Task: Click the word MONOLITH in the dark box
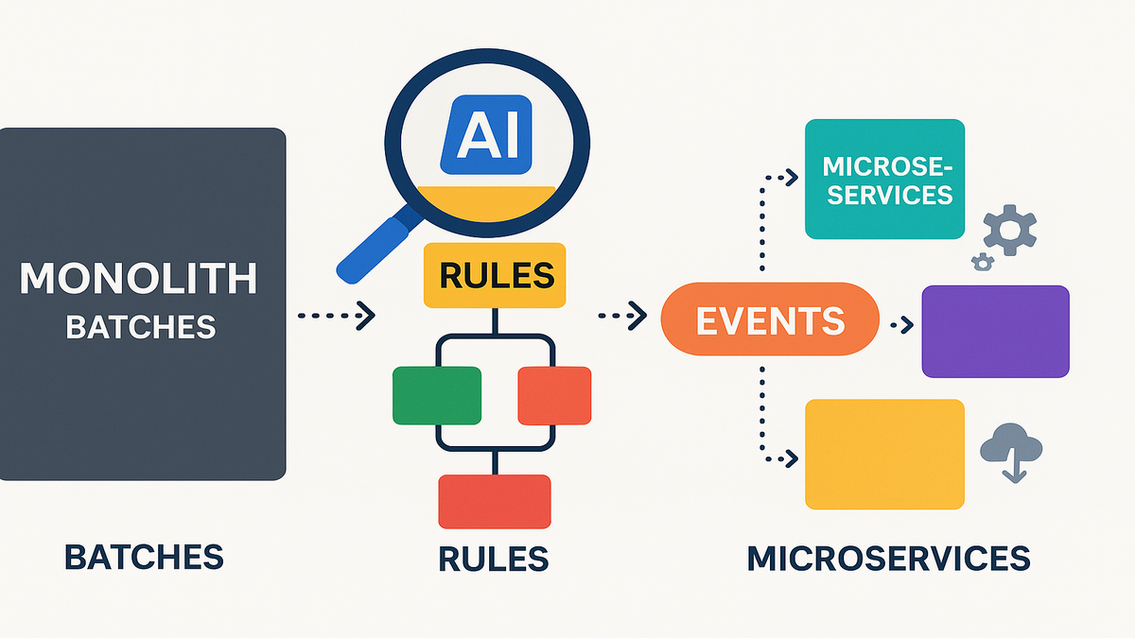tap(139, 279)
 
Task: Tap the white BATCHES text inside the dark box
tap(140, 327)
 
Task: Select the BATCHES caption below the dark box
tap(144, 557)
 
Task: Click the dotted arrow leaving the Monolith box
tap(336, 316)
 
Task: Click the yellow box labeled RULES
tap(496, 275)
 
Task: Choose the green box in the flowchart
tap(436, 394)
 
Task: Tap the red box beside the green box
tap(554, 395)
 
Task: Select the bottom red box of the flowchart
tap(495, 501)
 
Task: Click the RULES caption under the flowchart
tap(494, 559)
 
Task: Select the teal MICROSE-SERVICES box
tap(884, 180)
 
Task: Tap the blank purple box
tap(995, 331)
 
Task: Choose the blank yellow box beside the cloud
tap(884, 454)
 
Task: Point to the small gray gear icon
tap(983, 262)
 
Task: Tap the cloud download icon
tap(1012, 451)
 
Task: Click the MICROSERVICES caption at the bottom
tap(887, 558)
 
